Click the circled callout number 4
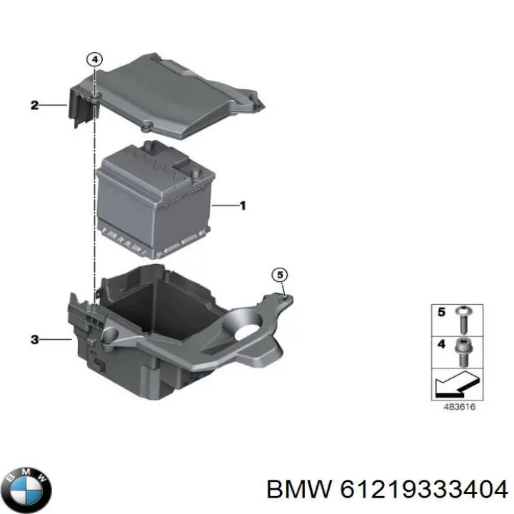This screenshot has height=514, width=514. click(x=95, y=61)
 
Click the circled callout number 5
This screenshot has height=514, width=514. click(x=281, y=274)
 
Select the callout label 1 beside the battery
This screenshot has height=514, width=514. click(x=243, y=206)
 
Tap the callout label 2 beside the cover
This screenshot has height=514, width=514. click(x=34, y=106)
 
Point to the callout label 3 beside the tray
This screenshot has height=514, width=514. click(x=34, y=340)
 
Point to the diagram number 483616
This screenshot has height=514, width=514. click(x=457, y=408)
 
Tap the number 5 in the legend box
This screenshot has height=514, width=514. click(x=441, y=312)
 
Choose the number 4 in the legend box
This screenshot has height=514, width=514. click(x=441, y=344)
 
